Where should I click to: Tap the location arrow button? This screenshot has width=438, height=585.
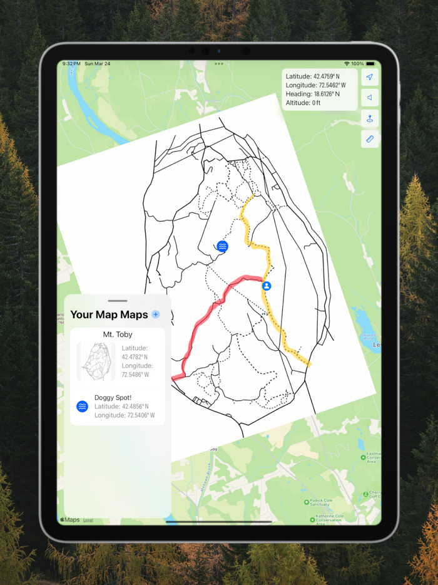[370, 78]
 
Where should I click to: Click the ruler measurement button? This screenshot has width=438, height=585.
[370, 139]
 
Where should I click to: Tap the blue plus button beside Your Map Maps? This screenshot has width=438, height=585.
[156, 314]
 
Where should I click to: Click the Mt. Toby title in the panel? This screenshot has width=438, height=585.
[118, 334]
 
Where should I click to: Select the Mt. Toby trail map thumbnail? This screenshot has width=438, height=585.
[96, 361]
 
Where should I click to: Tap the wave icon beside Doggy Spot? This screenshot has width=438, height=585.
[82, 406]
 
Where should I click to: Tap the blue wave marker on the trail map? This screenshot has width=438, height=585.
[222, 246]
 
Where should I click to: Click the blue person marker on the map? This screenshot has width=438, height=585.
[267, 286]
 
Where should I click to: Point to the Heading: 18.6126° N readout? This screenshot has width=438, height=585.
[312, 94]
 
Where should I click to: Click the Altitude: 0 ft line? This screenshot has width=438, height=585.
[303, 103]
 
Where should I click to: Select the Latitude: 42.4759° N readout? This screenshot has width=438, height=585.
[312, 76]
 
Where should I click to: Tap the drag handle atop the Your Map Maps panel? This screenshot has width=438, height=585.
[118, 301]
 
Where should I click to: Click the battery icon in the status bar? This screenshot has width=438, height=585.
[372, 64]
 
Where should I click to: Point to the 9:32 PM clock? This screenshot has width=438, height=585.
[71, 64]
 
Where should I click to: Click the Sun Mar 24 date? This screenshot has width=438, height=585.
[97, 64]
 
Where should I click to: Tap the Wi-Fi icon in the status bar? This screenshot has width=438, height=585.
[347, 64]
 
